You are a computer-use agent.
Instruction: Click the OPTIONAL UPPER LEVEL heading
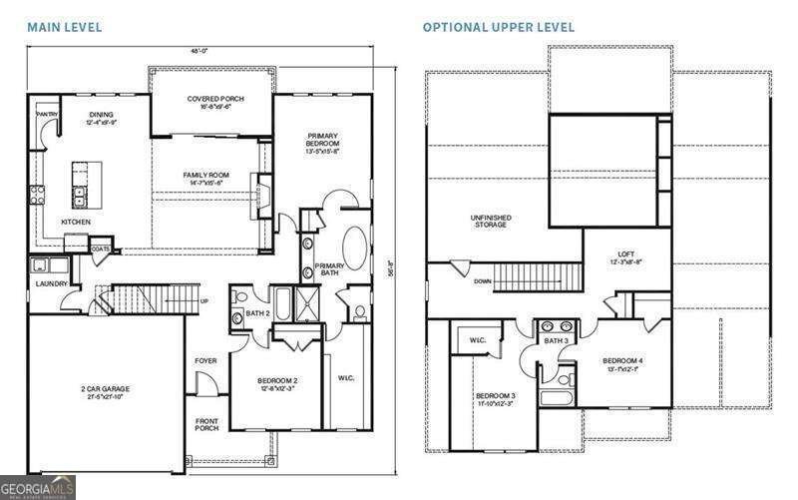(x=498, y=27)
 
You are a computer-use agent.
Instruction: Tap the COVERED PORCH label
(x=215, y=99)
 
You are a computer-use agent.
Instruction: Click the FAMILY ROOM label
(x=205, y=175)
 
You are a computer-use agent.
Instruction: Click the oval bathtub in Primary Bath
(x=356, y=247)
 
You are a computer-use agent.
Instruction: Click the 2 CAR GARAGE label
(x=106, y=388)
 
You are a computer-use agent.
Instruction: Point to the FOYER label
(x=205, y=360)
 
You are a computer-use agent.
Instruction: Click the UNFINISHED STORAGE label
(x=491, y=221)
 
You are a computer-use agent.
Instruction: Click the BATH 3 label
(x=556, y=341)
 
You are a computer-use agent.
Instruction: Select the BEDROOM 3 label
(x=495, y=397)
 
